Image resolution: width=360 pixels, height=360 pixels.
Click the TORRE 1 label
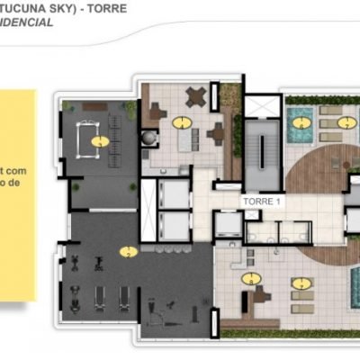262,202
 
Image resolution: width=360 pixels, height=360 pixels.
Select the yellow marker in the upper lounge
184,121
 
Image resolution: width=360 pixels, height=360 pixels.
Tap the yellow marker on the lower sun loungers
299,283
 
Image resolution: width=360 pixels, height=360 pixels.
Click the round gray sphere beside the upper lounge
148,137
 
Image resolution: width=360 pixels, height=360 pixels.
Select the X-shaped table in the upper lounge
194,96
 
